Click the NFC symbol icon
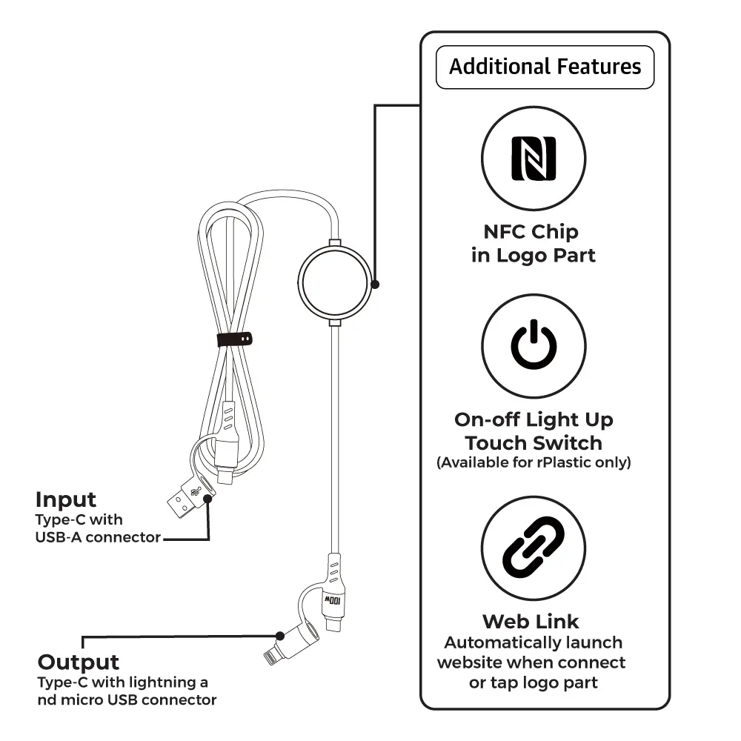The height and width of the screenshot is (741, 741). click(534, 158)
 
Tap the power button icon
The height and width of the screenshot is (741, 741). click(534, 346)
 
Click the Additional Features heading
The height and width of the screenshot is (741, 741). click(545, 67)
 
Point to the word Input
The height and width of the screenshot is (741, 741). click(66, 499)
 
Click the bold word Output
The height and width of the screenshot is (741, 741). click(79, 662)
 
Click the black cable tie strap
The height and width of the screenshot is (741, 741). click(235, 339)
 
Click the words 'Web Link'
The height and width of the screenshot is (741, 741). click(531, 621)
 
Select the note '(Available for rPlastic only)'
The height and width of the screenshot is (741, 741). click(534, 463)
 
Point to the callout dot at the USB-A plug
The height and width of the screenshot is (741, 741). click(208, 499)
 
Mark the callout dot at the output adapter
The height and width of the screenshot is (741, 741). click(280, 636)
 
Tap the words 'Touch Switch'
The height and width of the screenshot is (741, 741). click(534, 443)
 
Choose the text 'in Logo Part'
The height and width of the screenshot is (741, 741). click(534, 256)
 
